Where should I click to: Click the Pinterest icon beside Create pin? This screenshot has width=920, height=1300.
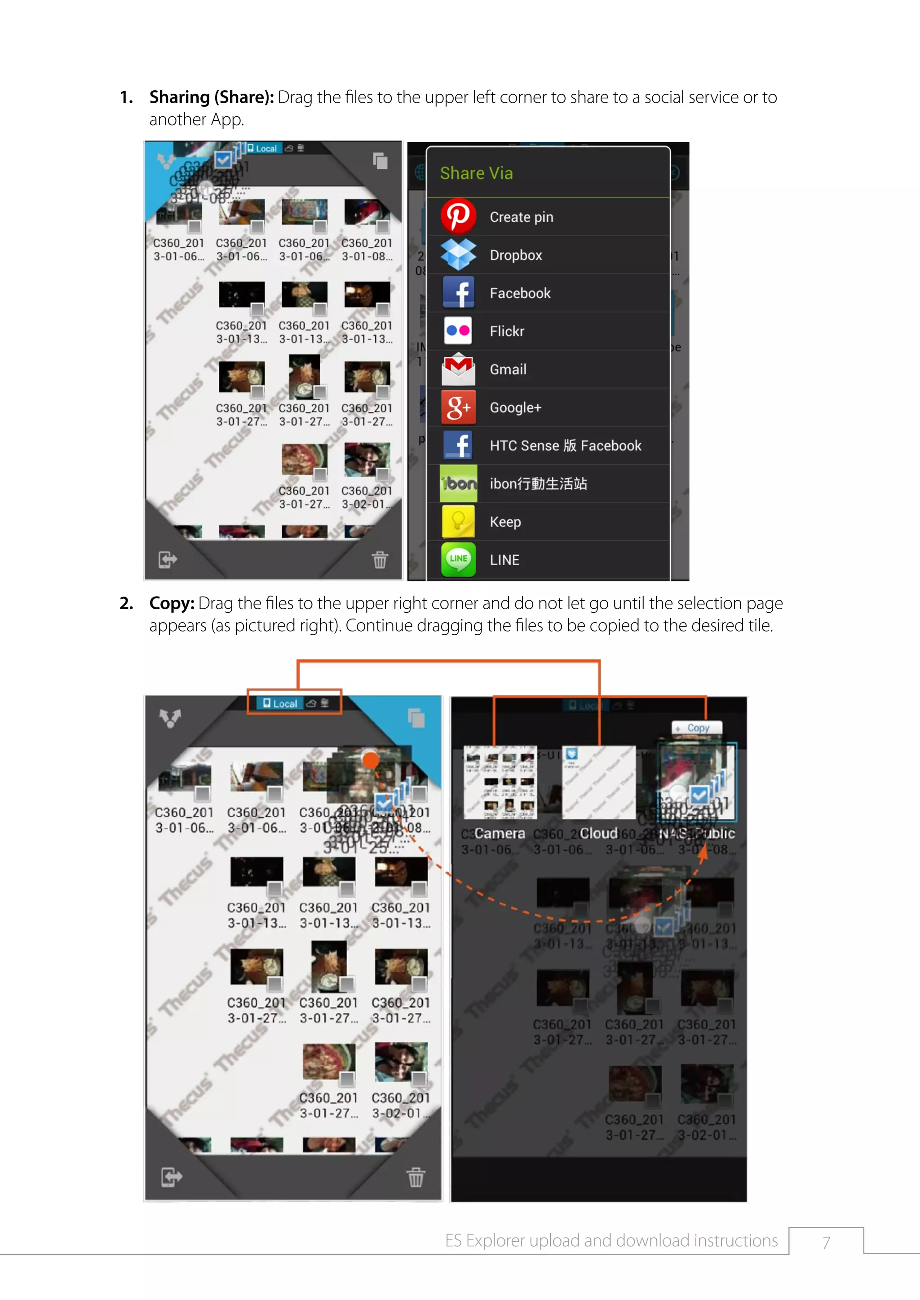coord(458,216)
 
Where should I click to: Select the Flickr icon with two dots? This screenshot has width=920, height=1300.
coord(458,331)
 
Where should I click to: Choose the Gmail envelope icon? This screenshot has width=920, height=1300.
coord(458,369)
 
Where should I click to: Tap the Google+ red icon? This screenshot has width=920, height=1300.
coord(458,407)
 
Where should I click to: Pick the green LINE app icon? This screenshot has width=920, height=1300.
coord(458,559)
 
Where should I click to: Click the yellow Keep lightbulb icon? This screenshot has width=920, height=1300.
coord(458,522)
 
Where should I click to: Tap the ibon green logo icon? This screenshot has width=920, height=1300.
coord(458,483)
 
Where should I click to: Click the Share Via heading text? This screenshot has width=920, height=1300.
coord(477,173)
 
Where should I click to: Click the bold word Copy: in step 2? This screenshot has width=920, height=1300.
coord(172,604)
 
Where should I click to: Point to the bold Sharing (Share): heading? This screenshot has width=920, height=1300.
coord(211,97)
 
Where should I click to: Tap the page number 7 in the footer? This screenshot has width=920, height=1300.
coord(826,1242)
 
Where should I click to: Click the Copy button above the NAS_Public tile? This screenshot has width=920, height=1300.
coord(697,728)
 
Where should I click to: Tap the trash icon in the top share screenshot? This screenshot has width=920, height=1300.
coord(380,560)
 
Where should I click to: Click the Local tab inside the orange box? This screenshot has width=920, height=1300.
coord(280,703)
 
